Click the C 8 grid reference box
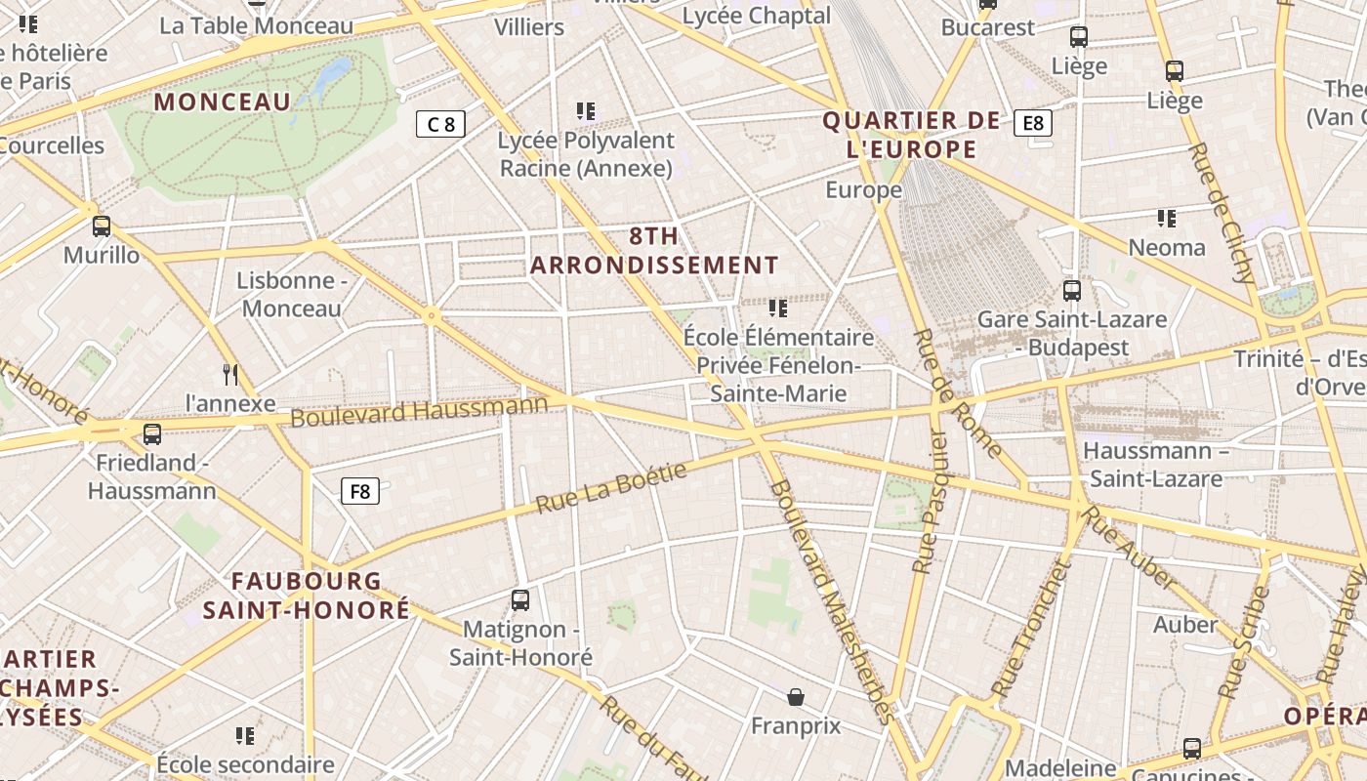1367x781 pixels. tap(440, 124)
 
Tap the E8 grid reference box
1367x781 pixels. tap(1033, 123)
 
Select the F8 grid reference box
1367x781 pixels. tap(360, 491)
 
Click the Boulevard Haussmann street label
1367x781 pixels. tap(420, 410)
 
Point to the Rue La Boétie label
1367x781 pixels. tap(612, 488)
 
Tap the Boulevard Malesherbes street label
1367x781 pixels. tap(831, 600)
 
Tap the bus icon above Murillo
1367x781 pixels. tap(102, 226)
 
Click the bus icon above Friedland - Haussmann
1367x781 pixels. tap(152, 433)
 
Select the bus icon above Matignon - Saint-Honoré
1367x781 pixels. tap(520, 599)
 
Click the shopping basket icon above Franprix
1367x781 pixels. tap(796, 697)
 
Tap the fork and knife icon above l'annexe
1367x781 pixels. tap(230, 374)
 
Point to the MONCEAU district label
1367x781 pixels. tap(223, 103)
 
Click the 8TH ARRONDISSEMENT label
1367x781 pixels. tap(654, 251)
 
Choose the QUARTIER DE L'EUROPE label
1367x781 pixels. tap(911, 135)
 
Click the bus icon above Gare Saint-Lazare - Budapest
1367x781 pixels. tap(1072, 290)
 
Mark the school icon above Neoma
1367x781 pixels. tap(1166, 218)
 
